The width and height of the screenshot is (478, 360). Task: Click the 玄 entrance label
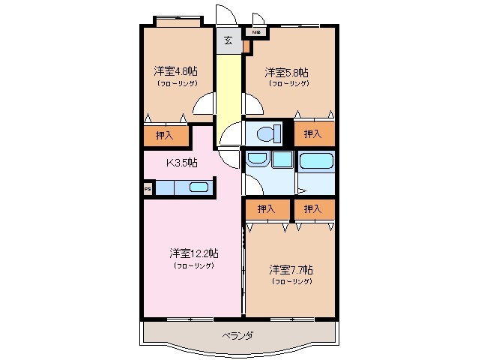click(228, 40)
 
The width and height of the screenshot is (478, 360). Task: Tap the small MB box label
click(255, 32)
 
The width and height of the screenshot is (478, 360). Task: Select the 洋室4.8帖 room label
click(177, 72)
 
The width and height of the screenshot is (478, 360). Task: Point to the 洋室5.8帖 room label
click(287, 73)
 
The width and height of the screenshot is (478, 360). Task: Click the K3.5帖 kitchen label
click(181, 162)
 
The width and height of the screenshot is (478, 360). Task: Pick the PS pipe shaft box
click(147, 189)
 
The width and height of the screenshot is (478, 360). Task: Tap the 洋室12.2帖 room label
click(193, 253)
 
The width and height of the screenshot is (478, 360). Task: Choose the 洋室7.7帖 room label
click(291, 268)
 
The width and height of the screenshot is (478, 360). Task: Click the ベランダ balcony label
click(237, 335)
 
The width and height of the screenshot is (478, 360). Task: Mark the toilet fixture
click(264, 134)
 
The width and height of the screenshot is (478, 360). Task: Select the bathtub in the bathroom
click(315, 161)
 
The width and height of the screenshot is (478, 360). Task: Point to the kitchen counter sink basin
click(199, 188)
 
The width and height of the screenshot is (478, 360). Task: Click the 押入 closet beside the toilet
click(313, 133)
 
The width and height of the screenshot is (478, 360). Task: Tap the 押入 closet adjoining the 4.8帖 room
click(164, 136)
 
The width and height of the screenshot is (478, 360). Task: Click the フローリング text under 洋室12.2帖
click(193, 265)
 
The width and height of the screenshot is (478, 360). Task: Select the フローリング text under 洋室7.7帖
click(291, 281)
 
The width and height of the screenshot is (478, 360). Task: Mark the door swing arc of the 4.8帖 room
click(204, 105)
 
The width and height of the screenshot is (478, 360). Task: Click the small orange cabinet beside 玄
click(246, 46)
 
